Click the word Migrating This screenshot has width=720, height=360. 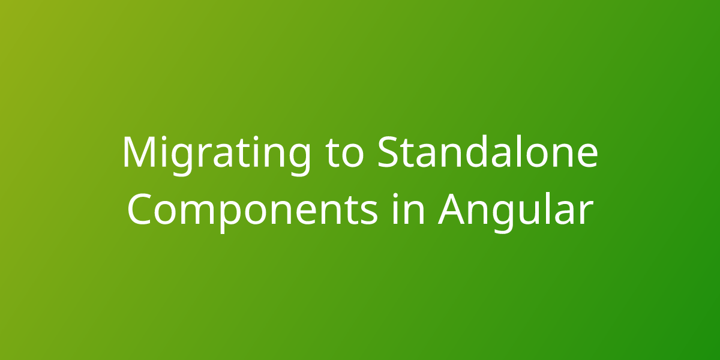tap(217, 154)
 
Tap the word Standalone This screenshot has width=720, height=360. tap(487, 152)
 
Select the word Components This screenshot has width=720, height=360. tap(253, 209)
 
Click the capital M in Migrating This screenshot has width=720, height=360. tap(141, 152)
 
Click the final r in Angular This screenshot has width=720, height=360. tap(586, 213)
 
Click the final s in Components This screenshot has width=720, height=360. tap(368, 213)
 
